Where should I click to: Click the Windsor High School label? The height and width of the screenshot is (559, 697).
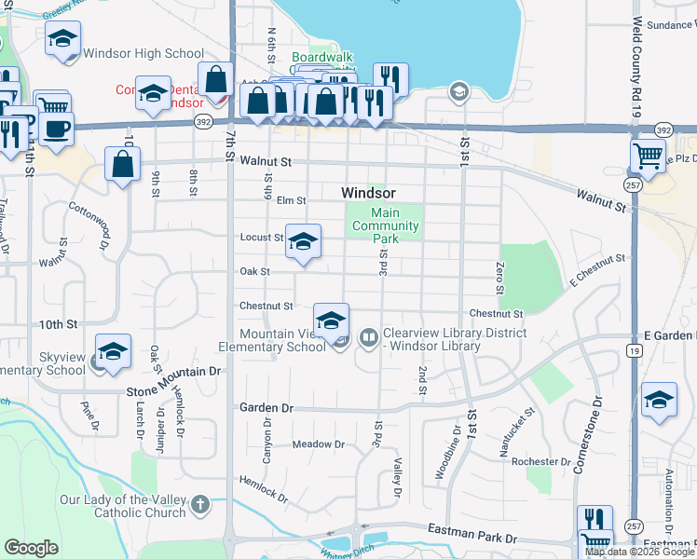[x=143, y=53]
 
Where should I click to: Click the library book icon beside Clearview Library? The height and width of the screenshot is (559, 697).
[x=369, y=336]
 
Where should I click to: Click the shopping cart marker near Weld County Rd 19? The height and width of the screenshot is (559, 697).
[x=648, y=156]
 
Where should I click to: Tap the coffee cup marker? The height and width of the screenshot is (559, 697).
[x=55, y=129]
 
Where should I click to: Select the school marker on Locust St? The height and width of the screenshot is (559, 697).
[x=302, y=242]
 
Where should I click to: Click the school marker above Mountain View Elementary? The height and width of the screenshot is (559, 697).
[x=330, y=321]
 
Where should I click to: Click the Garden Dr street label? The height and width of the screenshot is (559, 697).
[x=266, y=408]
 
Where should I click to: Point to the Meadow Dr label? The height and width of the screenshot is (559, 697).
[x=319, y=444]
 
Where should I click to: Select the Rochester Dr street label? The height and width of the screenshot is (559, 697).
[x=547, y=461]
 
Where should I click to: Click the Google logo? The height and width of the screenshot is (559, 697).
[x=32, y=548]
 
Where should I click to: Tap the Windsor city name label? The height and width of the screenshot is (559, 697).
[x=368, y=192]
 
